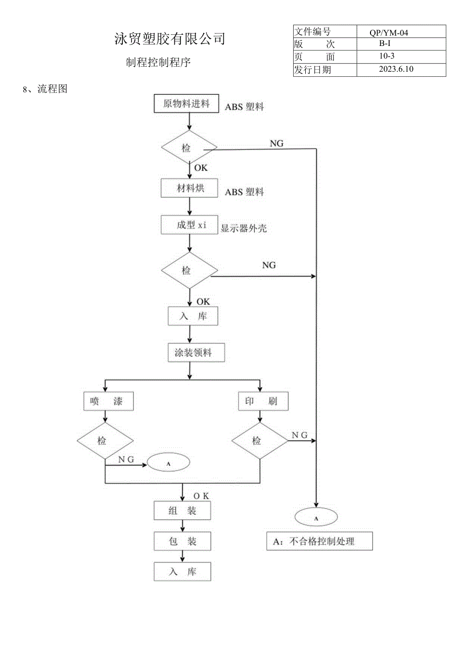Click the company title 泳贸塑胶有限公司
coord(169,39)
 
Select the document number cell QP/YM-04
coord(388,33)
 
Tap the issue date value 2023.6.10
coord(396,69)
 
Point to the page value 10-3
coord(387,57)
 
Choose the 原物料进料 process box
coord(186,104)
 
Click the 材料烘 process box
coord(189,189)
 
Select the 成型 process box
coord(189,225)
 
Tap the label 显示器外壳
coord(244,229)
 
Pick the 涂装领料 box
coord(190,353)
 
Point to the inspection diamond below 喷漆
coord(105,441)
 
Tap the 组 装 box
coord(182,511)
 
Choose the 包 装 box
coord(182,541)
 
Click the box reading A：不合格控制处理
coord(319,541)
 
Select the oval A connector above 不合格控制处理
coord(316,518)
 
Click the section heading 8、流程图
coord(45,90)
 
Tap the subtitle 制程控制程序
coord(158,63)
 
